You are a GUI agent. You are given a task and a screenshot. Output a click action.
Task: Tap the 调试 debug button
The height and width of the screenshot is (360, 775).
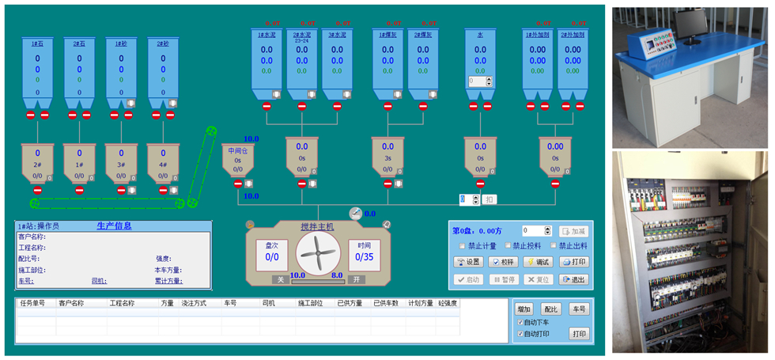539,262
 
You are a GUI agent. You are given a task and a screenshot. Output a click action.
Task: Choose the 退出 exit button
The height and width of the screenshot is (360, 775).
574,279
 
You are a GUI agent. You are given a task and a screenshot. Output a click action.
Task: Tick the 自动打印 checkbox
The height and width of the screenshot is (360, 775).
520,334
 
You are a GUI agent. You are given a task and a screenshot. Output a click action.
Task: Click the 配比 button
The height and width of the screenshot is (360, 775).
551,309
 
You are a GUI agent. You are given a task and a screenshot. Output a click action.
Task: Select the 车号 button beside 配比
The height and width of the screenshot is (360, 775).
579,309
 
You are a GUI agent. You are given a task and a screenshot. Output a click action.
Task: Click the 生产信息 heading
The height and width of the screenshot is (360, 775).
114,225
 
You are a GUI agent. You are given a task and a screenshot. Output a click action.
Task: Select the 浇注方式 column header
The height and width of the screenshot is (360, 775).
194,303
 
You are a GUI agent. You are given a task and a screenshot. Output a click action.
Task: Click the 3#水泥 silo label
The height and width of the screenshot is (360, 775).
338,35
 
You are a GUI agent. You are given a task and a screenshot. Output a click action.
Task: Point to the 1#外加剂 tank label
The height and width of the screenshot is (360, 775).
538,35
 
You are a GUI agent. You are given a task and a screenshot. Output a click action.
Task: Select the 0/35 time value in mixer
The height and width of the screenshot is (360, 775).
364,257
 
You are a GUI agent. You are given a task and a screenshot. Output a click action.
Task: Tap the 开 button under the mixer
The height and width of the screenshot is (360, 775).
357,279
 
